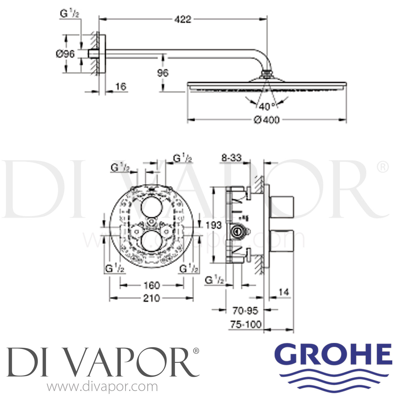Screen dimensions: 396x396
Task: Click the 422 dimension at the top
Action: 183,19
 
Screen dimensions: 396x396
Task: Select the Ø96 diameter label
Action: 65,54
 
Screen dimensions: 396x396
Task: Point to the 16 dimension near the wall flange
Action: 121,86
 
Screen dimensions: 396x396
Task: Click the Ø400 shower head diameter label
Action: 267,120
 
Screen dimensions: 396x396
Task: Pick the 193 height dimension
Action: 213,225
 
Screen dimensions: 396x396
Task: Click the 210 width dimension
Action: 152,298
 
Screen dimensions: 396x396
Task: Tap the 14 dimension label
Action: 284,292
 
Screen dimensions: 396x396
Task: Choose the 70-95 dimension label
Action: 245,311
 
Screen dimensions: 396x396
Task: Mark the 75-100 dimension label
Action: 246,324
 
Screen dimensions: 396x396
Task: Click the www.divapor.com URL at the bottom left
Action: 102,387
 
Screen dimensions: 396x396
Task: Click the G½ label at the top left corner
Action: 69,14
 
